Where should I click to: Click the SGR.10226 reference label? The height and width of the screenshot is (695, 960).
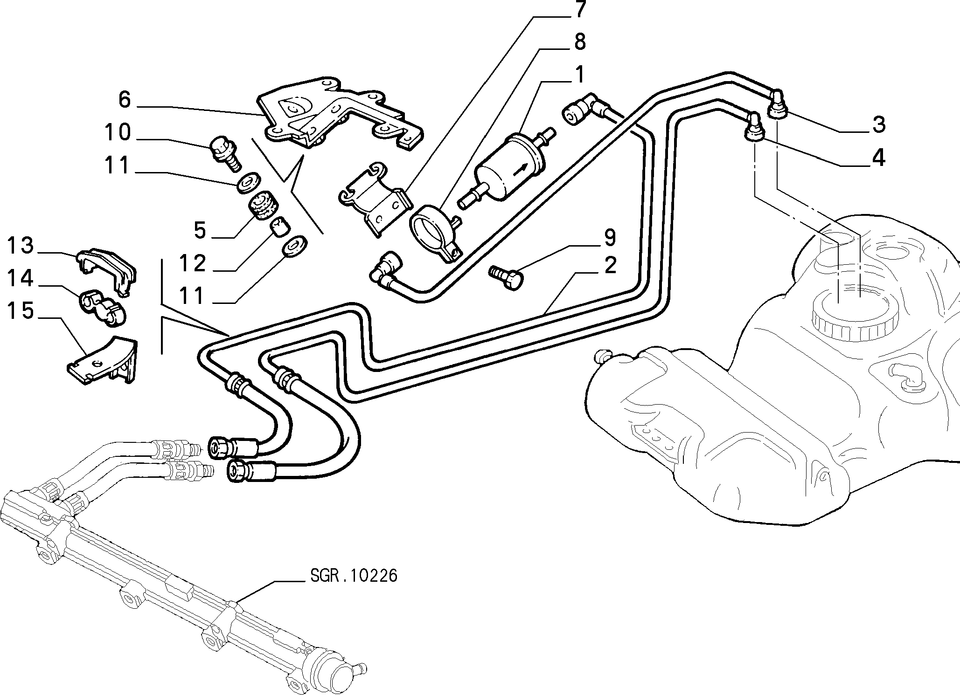tap(354, 576)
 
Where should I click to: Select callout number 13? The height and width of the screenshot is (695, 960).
tap(21, 246)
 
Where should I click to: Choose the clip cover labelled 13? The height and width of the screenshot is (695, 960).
tap(106, 271)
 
